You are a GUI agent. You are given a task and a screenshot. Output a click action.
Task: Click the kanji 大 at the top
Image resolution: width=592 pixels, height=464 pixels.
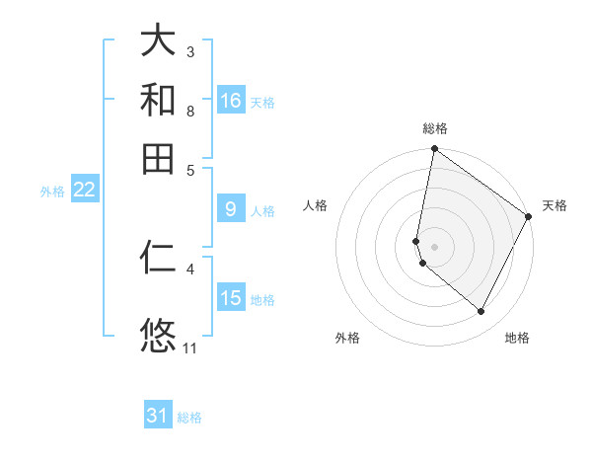pos(159,41)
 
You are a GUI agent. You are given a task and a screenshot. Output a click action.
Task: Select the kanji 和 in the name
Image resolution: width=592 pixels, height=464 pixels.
pos(159,100)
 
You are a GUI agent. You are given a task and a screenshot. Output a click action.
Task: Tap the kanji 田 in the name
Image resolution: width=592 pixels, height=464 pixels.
pos(159,158)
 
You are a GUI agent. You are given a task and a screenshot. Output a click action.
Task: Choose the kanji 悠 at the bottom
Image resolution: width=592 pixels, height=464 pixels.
pos(159,335)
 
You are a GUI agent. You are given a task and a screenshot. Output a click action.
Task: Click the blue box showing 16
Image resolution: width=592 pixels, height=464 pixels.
pos(231,101)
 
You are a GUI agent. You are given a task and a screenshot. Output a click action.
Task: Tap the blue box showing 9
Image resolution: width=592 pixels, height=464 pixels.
pos(231,209)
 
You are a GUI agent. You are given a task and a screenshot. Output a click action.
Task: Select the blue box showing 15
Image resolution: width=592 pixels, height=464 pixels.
pos(231,298)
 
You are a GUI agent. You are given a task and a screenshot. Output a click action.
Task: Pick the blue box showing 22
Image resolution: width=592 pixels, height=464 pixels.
pos(84,191)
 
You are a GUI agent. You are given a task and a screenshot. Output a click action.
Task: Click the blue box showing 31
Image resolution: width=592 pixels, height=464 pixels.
pos(158,416)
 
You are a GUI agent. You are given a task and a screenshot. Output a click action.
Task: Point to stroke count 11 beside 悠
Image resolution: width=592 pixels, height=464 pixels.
pos(190,348)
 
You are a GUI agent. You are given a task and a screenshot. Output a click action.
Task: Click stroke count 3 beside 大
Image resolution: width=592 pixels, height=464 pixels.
pos(190,51)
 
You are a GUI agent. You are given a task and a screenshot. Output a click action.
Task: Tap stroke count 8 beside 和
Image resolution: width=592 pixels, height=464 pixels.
pos(190,111)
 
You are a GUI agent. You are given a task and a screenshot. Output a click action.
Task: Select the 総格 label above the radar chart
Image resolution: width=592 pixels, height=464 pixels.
pos(435,129)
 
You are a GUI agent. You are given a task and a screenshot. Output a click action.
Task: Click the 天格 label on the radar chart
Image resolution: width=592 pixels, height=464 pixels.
pos(555,205)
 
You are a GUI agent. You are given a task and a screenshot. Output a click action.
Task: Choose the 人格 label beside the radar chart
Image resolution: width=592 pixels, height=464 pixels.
pos(316,205)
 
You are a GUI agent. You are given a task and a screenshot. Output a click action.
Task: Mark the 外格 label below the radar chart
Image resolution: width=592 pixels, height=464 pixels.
pos(347,338)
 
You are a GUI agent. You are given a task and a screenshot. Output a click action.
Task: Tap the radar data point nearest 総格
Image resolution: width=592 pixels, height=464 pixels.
pos(434,150)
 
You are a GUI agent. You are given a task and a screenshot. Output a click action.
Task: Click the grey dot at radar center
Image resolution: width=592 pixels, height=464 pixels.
pos(434,246)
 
